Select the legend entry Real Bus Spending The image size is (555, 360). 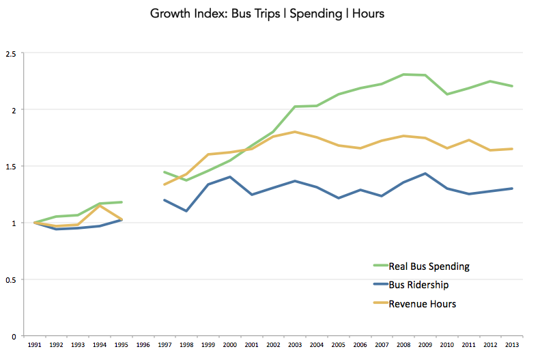[429, 266]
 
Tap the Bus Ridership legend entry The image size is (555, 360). [418, 285]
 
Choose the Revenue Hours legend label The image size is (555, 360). [422, 304]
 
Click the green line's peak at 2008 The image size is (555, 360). [404, 74]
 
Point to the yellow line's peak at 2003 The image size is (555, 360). [295, 132]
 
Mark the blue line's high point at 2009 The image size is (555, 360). [426, 174]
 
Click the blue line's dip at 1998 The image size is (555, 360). [186, 211]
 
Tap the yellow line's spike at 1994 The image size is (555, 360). [100, 206]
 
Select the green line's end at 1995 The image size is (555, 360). [122, 202]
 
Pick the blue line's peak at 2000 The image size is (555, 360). [230, 177]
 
